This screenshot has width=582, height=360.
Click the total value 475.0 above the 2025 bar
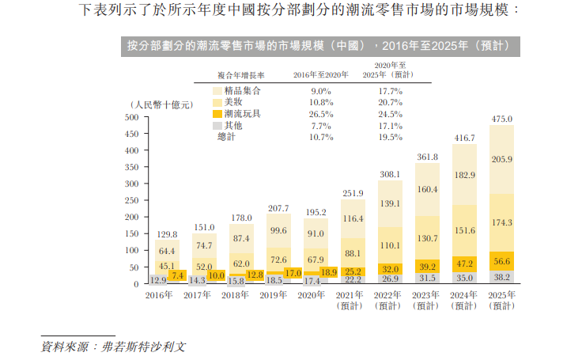point(502,119)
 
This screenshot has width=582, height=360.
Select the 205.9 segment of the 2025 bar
point(502,159)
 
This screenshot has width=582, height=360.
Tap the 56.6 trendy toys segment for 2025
point(502,262)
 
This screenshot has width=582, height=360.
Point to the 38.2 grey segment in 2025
point(502,278)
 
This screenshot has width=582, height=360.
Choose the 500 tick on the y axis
point(131,118)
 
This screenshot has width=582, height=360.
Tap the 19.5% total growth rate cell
point(390,137)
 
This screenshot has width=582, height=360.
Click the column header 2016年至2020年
point(321,74)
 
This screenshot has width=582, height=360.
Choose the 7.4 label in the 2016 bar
point(179,275)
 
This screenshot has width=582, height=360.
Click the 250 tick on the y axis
point(131,201)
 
